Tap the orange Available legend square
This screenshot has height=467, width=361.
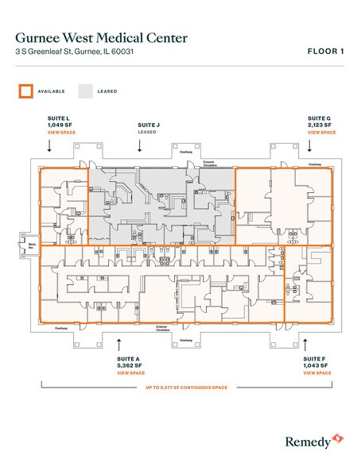[25, 91]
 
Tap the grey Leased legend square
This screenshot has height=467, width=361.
[85, 91]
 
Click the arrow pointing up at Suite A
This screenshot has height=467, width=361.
[119, 344]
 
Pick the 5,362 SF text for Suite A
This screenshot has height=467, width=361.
[130, 365]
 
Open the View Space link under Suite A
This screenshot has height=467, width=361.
[130, 372]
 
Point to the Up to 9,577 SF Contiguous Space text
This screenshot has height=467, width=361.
[186, 388]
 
